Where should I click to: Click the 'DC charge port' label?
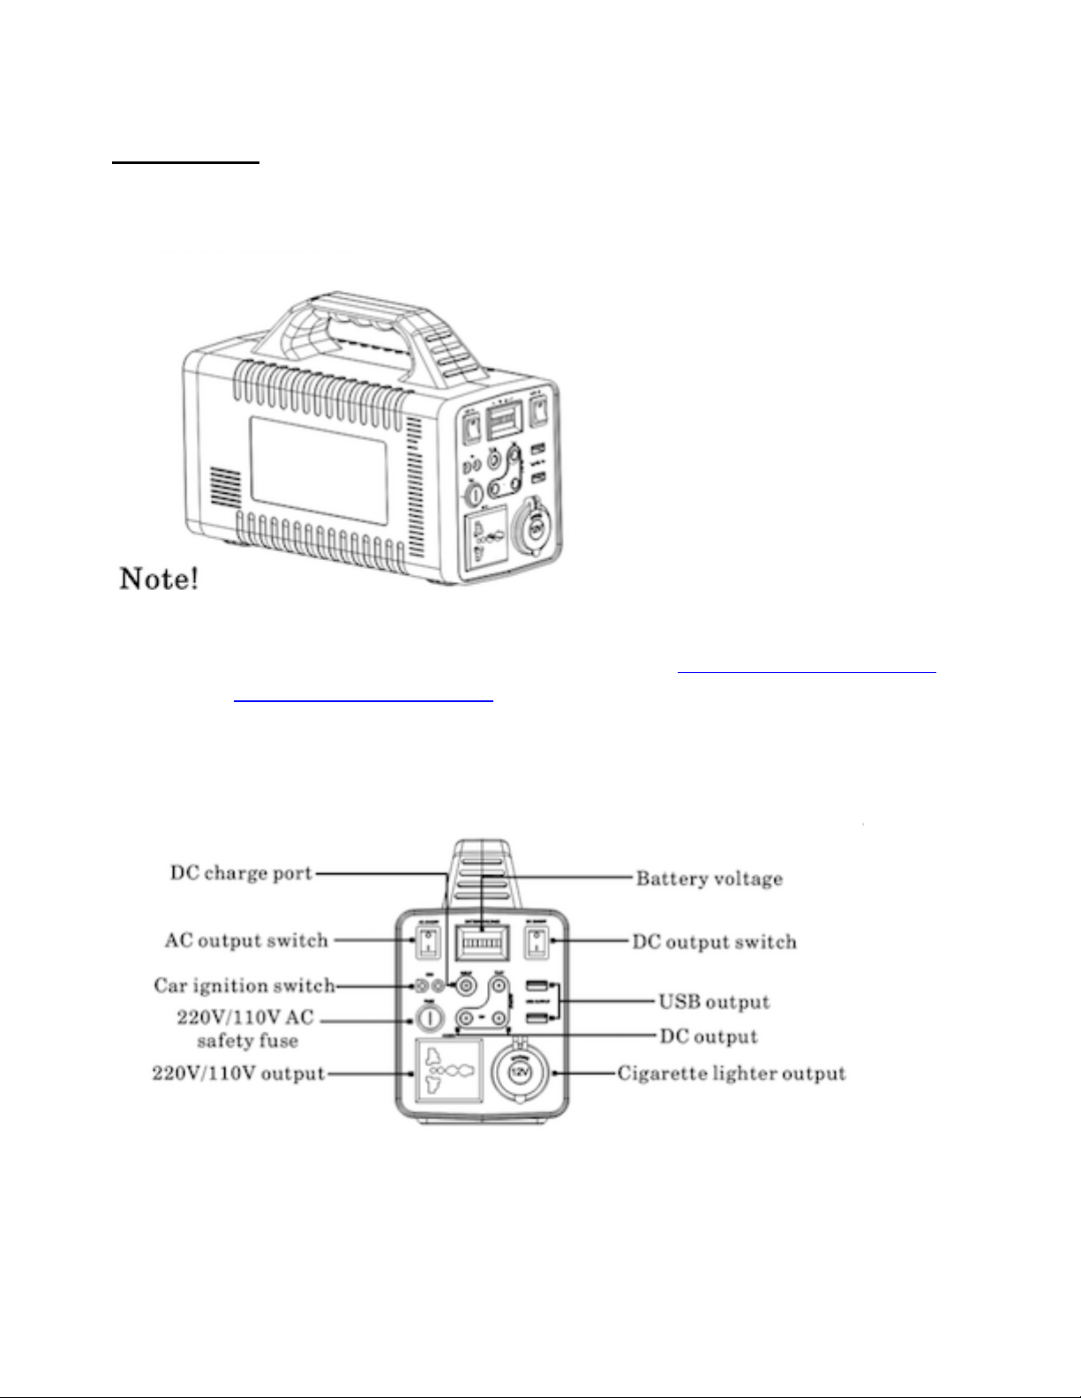coord(241,873)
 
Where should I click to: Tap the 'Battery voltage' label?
coord(709,878)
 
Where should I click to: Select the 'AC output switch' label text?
coord(246,940)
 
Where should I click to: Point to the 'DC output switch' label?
coord(714,942)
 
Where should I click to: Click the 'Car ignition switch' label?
coord(244,985)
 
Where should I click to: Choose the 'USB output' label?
coord(714,1002)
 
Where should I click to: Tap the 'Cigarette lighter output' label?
coord(732,1073)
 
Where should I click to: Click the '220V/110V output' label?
coord(239,1074)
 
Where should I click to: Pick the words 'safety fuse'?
coord(247,1041)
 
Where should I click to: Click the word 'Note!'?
coord(159,579)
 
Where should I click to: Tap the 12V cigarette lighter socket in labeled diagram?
coord(520,1073)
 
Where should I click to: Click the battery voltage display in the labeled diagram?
coord(481,944)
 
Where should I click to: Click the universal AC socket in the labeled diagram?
coord(449,1070)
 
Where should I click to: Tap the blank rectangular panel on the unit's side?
coord(319,467)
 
